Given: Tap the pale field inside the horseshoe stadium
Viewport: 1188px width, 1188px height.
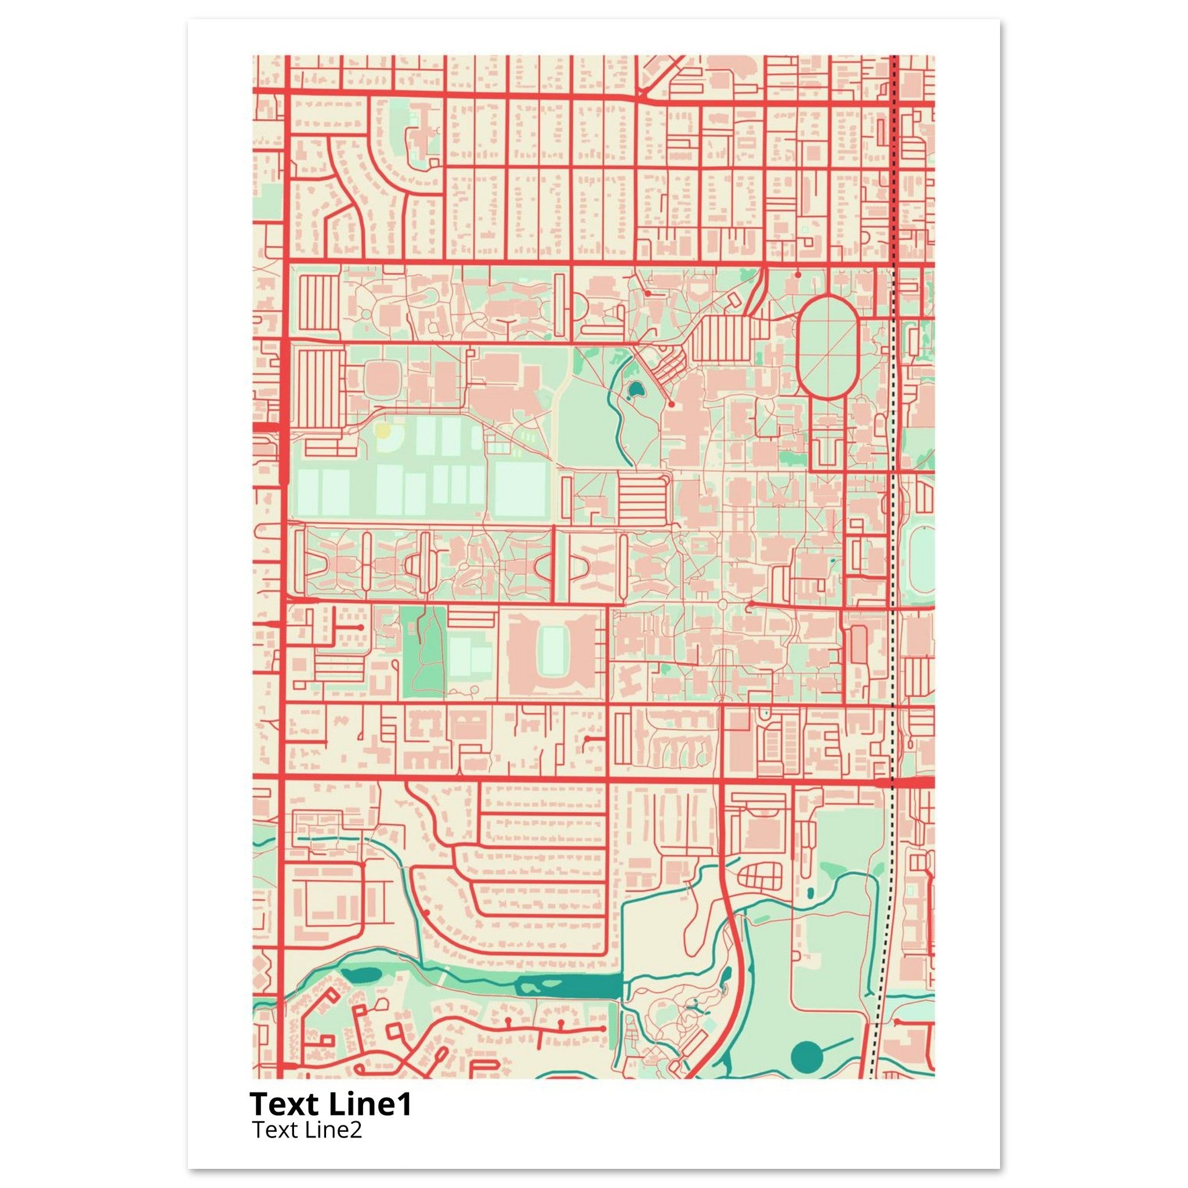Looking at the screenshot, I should [x=552, y=653].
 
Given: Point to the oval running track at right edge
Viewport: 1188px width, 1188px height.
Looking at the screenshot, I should [x=921, y=561].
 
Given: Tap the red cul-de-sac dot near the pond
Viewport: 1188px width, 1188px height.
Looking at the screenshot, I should [x=672, y=405].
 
